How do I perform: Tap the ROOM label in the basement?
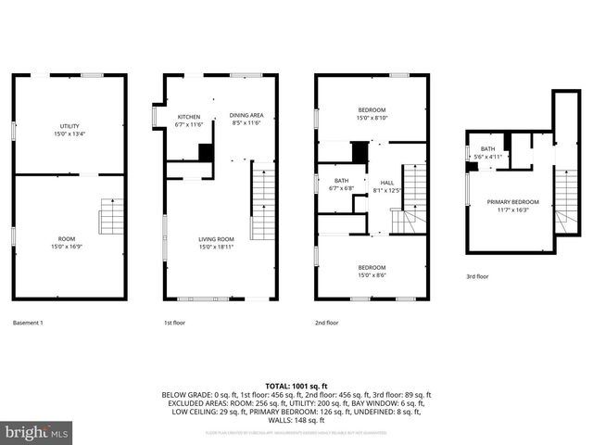69,239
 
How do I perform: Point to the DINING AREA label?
246,115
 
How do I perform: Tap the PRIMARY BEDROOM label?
512,202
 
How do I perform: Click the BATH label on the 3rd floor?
487,149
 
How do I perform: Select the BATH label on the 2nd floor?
341,181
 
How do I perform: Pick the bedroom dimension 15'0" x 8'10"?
372,118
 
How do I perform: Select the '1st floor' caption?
175,323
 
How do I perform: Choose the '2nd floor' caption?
326,323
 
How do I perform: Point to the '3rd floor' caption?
478,276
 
